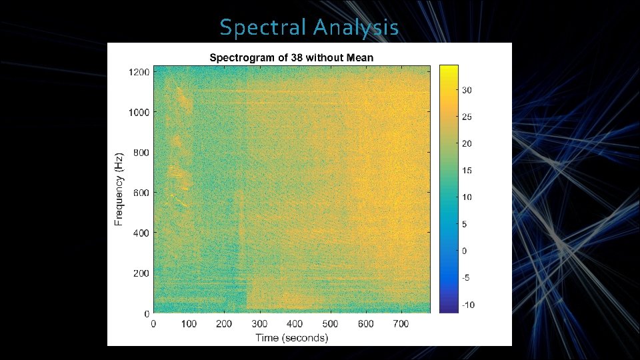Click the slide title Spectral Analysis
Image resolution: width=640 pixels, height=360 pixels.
(309, 27)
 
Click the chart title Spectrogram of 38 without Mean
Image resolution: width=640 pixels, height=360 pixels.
(291, 57)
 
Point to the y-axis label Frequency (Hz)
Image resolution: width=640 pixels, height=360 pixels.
(119, 189)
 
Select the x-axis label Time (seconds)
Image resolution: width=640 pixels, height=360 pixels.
(291, 338)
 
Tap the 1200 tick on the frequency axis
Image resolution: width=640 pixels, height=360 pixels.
(139, 72)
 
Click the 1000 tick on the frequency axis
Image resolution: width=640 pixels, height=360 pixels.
(139, 112)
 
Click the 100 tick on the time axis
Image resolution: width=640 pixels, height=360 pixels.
(189, 323)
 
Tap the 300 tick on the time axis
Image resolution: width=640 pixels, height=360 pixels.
(259, 323)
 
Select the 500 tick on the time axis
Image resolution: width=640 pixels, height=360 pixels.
(330, 323)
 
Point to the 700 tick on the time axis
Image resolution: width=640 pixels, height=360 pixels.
(401, 323)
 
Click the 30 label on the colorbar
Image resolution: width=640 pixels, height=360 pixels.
(468, 90)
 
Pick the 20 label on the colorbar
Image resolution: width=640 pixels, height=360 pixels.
(468, 144)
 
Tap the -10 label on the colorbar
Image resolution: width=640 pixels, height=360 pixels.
(468, 305)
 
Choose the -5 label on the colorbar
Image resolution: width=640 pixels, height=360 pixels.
(468, 278)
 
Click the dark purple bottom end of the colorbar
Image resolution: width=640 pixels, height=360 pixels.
(449, 309)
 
